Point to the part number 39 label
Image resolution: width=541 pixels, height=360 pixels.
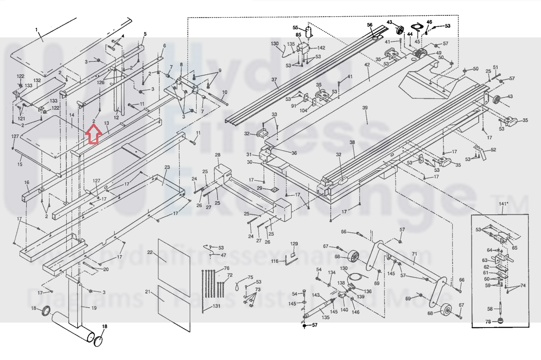(365, 108)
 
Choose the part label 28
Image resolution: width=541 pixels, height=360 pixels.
(217, 155)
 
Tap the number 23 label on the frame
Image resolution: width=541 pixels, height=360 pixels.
(167, 168)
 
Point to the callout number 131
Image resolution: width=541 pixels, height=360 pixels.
(217, 306)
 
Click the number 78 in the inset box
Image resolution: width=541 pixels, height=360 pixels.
(488, 322)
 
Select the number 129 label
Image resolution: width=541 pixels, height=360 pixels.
(294, 244)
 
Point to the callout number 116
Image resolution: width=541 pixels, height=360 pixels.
(275, 261)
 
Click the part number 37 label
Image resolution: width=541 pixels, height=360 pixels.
(274, 79)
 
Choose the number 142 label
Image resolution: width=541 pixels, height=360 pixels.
(321, 47)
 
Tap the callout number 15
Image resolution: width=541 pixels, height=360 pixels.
(19, 164)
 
